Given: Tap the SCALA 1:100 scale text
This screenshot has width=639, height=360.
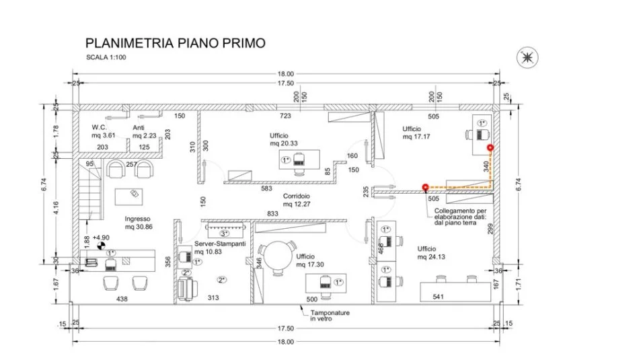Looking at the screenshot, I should point(106,58).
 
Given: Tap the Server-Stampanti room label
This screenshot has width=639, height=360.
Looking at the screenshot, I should point(220,247).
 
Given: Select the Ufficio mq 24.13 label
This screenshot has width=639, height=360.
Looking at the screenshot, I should point(430,252).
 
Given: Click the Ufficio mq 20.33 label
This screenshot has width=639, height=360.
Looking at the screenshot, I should point(284,139).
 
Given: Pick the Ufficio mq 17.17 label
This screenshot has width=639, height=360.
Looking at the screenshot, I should point(417,132).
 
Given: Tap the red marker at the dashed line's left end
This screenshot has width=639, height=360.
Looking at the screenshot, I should point(424,188).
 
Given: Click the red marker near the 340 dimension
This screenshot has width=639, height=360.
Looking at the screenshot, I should point(490,147).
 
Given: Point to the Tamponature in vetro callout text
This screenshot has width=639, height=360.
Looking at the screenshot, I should point(325,316).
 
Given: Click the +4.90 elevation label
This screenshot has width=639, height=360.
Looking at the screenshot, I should point(102,238).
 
